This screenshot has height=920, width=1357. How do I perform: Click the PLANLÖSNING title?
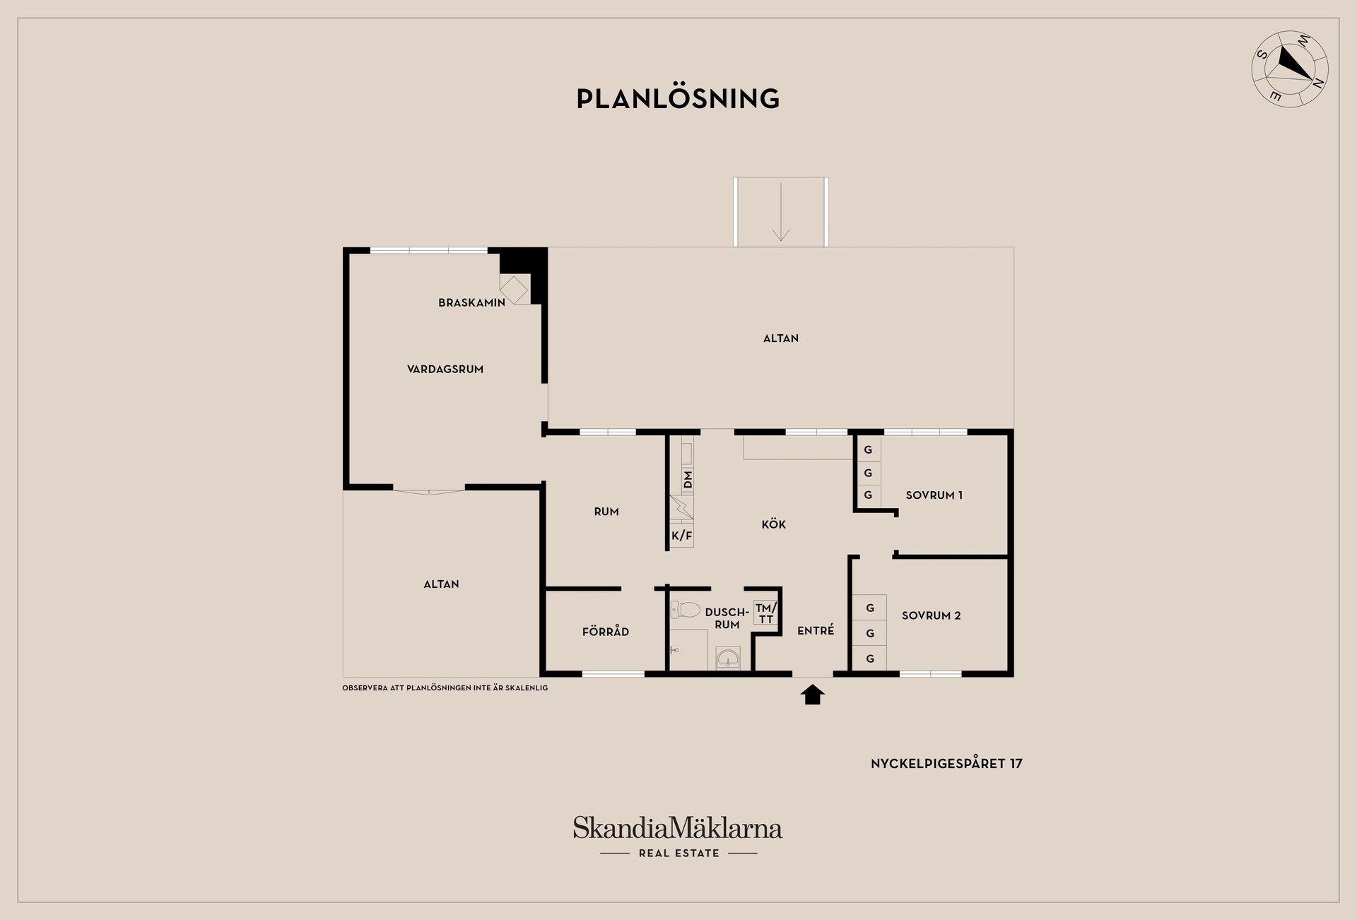pyautogui.click(x=678, y=98)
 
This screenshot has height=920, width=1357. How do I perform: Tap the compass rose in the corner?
pyautogui.click(x=1290, y=69)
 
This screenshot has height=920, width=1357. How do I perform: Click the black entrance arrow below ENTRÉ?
pyautogui.click(x=813, y=695)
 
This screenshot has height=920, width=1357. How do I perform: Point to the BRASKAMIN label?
pyautogui.click(x=471, y=302)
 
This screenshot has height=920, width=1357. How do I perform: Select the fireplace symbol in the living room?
pyautogui.click(x=514, y=289)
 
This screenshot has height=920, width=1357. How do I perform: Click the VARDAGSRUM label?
pyautogui.click(x=445, y=369)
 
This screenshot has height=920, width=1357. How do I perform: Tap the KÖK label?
pyautogui.click(x=774, y=524)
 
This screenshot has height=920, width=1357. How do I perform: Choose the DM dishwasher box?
pyautogui.click(x=687, y=480)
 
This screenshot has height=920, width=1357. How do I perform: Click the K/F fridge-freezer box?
pyautogui.click(x=682, y=536)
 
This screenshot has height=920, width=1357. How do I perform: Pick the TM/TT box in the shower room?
pyautogui.click(x=765, y=613)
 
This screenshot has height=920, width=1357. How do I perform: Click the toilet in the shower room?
pyautogui.click(x=684, y=608)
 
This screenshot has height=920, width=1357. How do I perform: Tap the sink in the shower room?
pyautogui.click(x=728, y=658)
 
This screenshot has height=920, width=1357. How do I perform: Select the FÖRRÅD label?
pyautogui.click(x=606, y=632)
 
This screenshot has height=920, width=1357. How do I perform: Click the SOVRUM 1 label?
pyautogui.click(x=934, y=495)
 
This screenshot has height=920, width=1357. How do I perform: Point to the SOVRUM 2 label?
pyautogui.click(x=932, y=615)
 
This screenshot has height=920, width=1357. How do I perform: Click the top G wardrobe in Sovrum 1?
pyautogui.click(x=868, y=449)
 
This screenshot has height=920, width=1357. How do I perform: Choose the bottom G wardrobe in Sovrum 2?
pyautogui.click(x=870, y=658)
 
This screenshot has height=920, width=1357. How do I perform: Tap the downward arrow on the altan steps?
pyautogui.click(x=780, y=212)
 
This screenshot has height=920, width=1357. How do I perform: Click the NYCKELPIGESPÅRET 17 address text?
pyautogui.click(x=946, y=763)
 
